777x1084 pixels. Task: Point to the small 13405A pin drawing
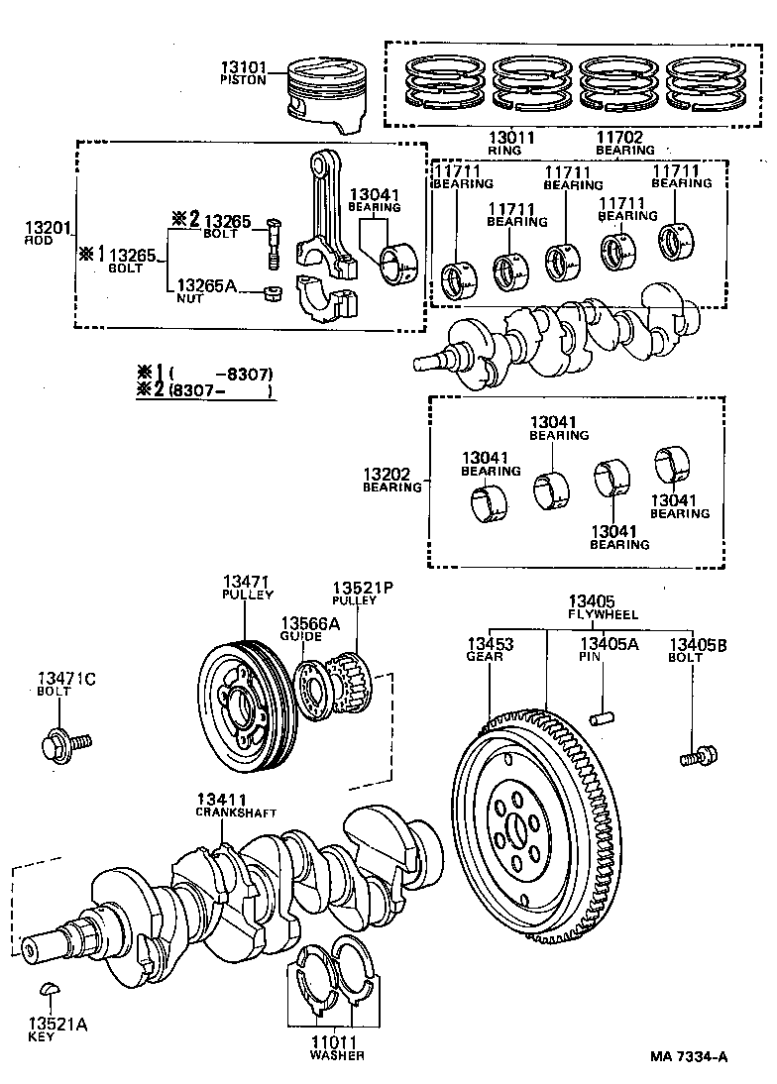pos(599,716)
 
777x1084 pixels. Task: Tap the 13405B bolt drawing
pos(698,758)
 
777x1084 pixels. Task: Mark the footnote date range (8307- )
pos(220,390)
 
